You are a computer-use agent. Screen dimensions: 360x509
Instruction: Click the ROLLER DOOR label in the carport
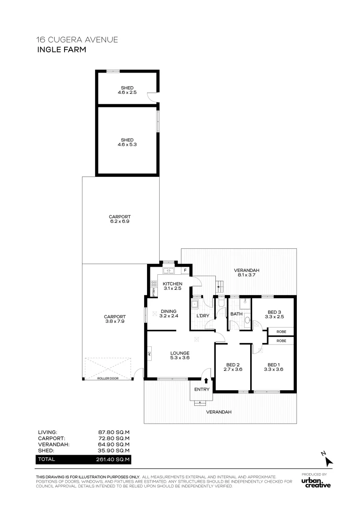pos(108,378)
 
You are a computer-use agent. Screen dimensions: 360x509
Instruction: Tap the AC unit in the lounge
pos(149,353)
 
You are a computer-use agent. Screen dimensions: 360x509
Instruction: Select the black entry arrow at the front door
pos(206,380)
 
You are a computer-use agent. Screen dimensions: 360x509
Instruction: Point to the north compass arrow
pos(329,461)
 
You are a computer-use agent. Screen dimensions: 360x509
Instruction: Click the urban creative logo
pos(316,483)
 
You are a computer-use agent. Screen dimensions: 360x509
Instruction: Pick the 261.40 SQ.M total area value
pos(113,460)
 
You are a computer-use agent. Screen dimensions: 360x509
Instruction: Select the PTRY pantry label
pos(154,292)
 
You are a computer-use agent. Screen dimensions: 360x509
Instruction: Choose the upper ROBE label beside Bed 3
pos(281,332)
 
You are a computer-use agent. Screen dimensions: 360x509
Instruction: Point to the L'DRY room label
pos(203,316)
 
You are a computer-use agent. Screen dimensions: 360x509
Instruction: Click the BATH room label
pos(237,314)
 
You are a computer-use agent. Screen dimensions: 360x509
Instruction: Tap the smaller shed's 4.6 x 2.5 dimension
pos(127,92)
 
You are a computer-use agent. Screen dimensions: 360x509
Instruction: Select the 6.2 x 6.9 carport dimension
pos(120,222)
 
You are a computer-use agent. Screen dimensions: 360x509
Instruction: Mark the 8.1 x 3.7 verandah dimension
pos(247,275)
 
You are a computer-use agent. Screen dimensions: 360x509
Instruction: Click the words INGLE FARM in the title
pos(62,49)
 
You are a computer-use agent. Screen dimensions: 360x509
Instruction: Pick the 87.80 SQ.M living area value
pos(114,432)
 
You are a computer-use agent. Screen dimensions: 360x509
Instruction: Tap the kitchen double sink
pos(169,271)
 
